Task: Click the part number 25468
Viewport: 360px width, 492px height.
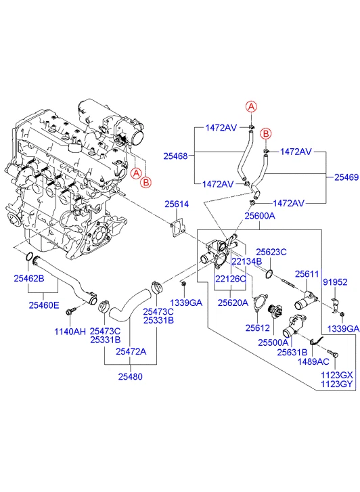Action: (175, 156)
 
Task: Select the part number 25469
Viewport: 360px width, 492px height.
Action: (345, 177)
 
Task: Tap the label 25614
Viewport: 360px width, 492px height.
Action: (177, 203)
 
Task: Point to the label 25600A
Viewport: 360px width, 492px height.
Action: (259, 216)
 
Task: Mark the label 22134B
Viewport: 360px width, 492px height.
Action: (246, 261)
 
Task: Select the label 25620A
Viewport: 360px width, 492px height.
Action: (231, 303)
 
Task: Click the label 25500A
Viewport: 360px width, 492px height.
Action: (272, 343)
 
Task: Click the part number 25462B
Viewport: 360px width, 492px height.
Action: (28, 278)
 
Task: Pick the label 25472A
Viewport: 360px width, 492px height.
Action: (130, 351)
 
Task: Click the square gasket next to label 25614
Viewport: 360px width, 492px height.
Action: (178, 226)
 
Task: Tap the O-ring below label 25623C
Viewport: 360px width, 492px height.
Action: (269, 274)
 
